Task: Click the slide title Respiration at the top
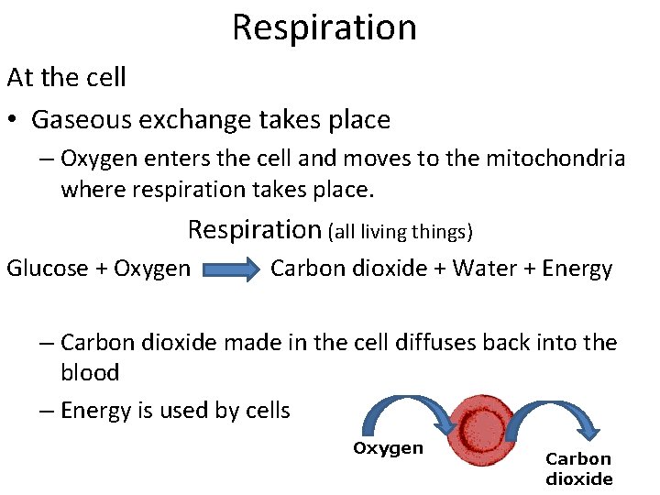click(324, 27)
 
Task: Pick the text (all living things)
click(400, 233)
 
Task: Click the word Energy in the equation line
click(577, 269)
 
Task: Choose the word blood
click(90, 373)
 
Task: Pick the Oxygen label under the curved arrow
click(389, 448)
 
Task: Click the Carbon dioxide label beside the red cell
click(579, 468)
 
